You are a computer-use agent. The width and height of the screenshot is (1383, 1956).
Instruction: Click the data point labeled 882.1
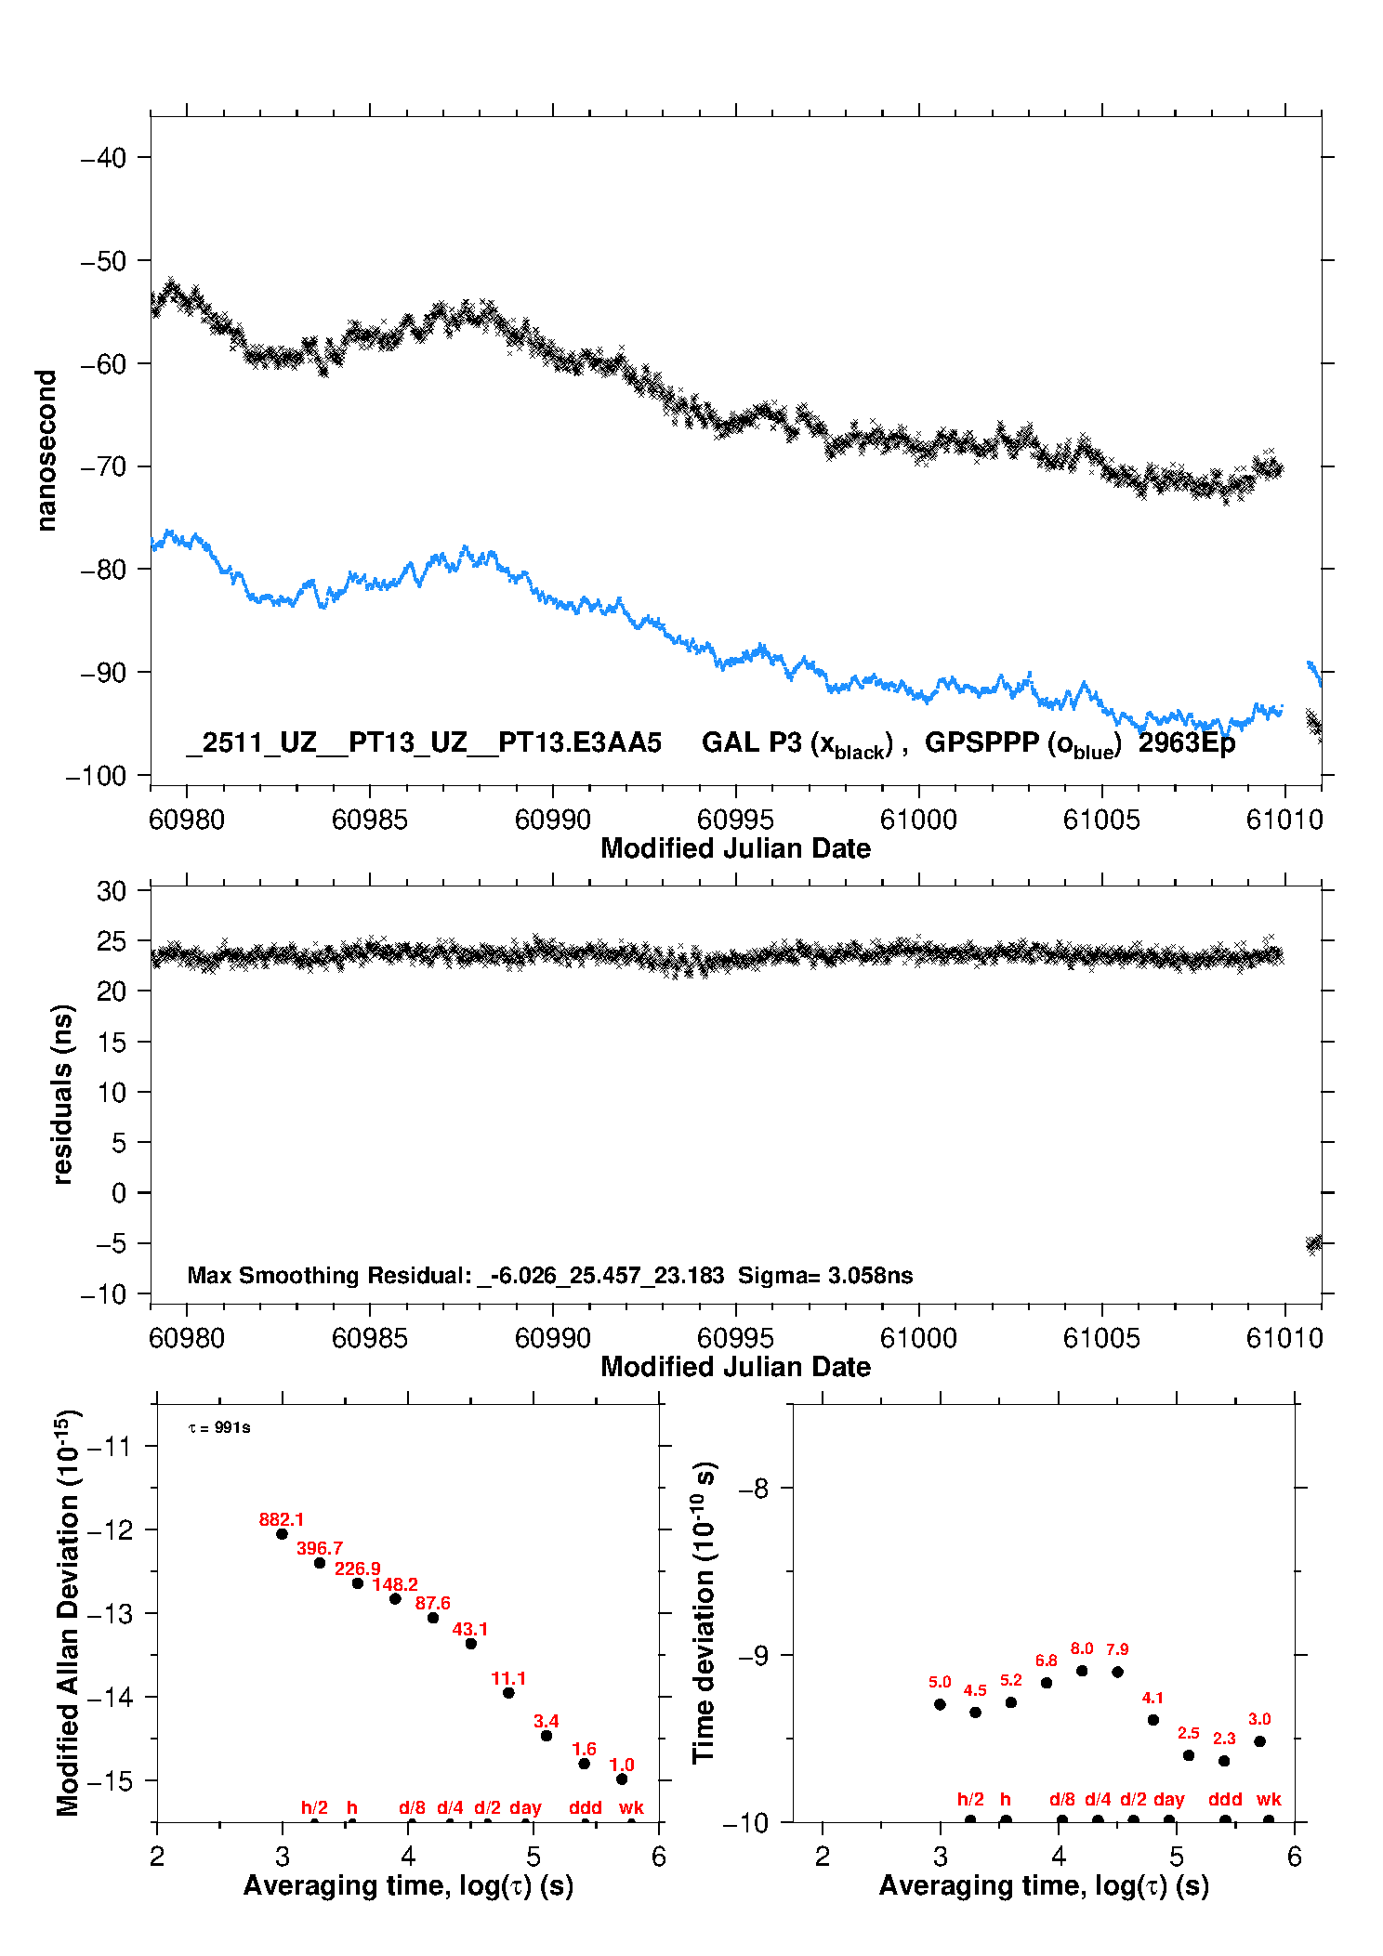point(282,1533)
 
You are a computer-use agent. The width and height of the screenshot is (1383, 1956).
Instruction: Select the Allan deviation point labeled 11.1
point(508,1692)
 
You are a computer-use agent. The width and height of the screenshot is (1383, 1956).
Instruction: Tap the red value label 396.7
point(320,1548)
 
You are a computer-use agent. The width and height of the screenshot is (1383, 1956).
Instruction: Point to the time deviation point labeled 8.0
point(1082,1671)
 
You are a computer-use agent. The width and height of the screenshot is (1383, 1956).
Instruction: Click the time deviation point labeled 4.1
point(1153,1719)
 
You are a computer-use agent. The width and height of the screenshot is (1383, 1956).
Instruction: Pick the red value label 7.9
point(1117,1649)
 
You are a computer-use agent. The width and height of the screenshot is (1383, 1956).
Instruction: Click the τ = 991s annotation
point(219,1427)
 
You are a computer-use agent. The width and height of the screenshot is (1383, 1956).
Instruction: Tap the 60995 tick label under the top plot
point(735,820)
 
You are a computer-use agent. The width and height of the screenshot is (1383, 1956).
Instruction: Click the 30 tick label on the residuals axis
point(112,891)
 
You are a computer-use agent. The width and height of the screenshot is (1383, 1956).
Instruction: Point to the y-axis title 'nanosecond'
point(46,451)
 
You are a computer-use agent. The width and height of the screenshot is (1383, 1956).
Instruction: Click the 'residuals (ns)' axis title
point(62,1094)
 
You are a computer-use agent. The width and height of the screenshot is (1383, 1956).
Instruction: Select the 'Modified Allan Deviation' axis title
point(68,1612)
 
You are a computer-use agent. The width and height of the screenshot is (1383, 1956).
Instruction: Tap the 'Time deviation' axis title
point(705,1612)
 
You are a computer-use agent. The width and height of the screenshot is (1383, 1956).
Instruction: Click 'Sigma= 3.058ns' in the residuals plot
point(825,1275)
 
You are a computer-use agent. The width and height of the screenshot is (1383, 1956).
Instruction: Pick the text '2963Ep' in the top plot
point(1187,743)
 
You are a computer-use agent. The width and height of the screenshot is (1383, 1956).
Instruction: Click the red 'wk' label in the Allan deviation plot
point(631,1807)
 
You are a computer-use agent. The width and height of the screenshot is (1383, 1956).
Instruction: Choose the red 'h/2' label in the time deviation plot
point(970,1799)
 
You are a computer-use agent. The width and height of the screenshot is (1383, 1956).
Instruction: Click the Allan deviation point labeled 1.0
point(622,1779)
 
